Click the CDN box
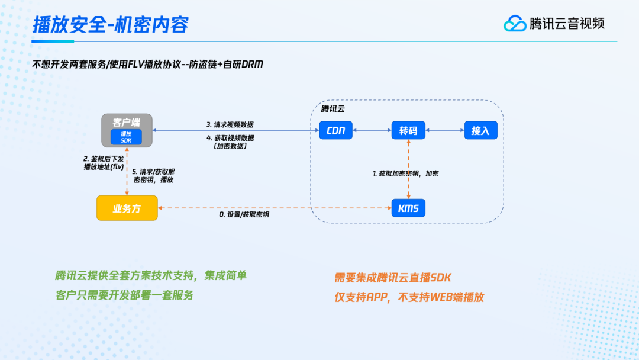(x=336, y=130)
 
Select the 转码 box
(x=408, y=130)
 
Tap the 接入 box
(x=480, y=130)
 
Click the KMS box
(x=408, y=208)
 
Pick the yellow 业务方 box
(x=127, y=208)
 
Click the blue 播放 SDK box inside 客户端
(x=126, y=137)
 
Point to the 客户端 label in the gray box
(x=126, y=122)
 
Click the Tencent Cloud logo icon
(x=515, y=24)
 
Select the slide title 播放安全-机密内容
(x=111, y=25)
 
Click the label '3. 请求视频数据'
(x=230, y=124)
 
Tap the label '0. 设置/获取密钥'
(x=244, y=214)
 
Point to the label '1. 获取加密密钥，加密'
(x=405, y=173)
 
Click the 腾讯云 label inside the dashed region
(x=333, y=109)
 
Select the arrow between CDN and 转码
(x=372, y=130)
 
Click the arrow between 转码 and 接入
(x=444, y=130)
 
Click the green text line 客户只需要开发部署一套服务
(x=124, y=294)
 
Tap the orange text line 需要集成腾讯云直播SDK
(x=393, y=278)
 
